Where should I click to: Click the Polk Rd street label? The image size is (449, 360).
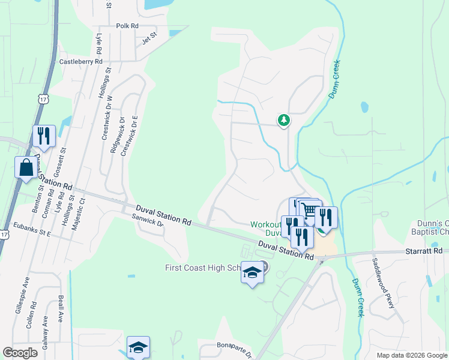point(127,26)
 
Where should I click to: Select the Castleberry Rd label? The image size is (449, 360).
point(80,61)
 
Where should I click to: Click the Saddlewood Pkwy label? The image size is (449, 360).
point(384,284)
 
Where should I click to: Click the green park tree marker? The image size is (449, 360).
point(284,120)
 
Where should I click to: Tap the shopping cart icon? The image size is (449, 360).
point(310,210)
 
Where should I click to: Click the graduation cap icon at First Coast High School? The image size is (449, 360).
point(253,273)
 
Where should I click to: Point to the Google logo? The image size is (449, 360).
point(20,353)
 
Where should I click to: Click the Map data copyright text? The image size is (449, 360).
point(411,355)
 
